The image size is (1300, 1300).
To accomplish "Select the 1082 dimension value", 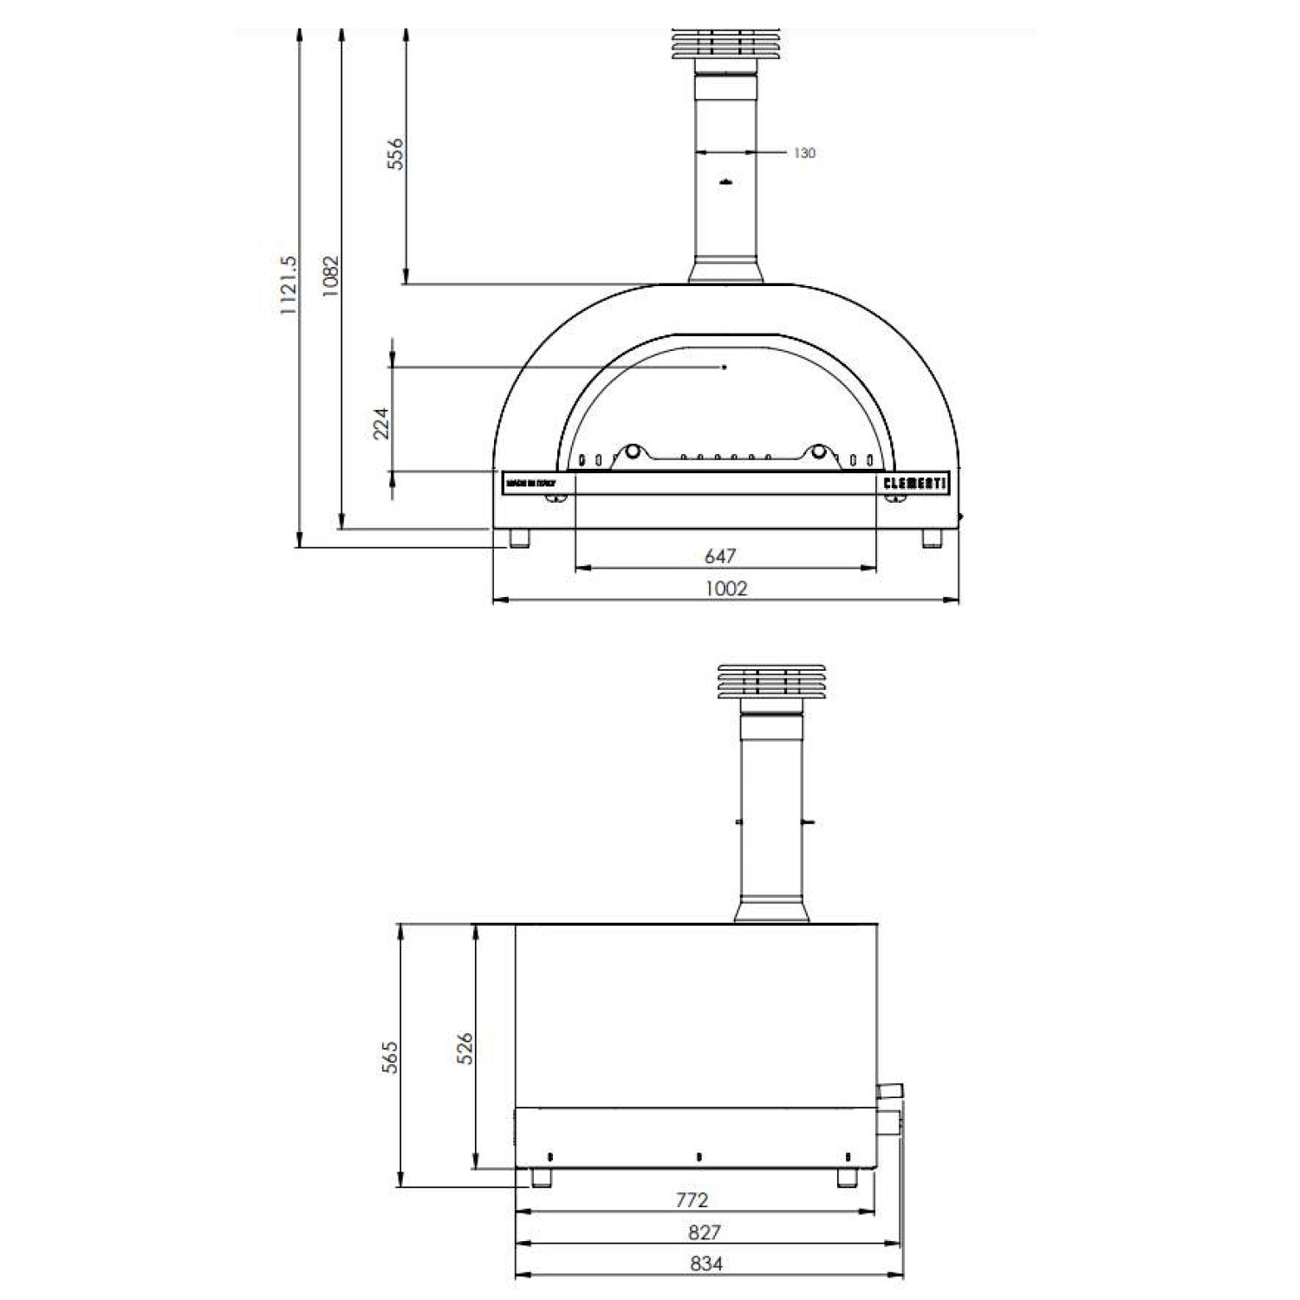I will (330, 277).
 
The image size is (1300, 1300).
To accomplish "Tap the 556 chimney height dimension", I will (394, 153).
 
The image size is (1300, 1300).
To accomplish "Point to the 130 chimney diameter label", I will (804, 153).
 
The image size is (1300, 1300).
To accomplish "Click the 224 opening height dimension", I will (381, 423).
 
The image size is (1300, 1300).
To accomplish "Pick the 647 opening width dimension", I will (720, 556).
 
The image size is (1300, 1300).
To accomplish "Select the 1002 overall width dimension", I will (725, 588).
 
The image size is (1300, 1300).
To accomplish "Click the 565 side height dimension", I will (391, 1057).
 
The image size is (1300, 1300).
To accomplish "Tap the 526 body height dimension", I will (465, 1048).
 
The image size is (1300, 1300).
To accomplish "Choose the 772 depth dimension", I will (692, 1200).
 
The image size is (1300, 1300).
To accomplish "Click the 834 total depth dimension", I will (706, 1264).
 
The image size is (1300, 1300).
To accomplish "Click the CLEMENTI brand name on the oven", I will (915, 484).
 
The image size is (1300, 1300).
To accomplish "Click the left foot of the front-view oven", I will (519, 538).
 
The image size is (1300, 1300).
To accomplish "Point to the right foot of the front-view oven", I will (932, 538).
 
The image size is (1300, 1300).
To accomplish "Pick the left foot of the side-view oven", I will (543, 1178).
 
